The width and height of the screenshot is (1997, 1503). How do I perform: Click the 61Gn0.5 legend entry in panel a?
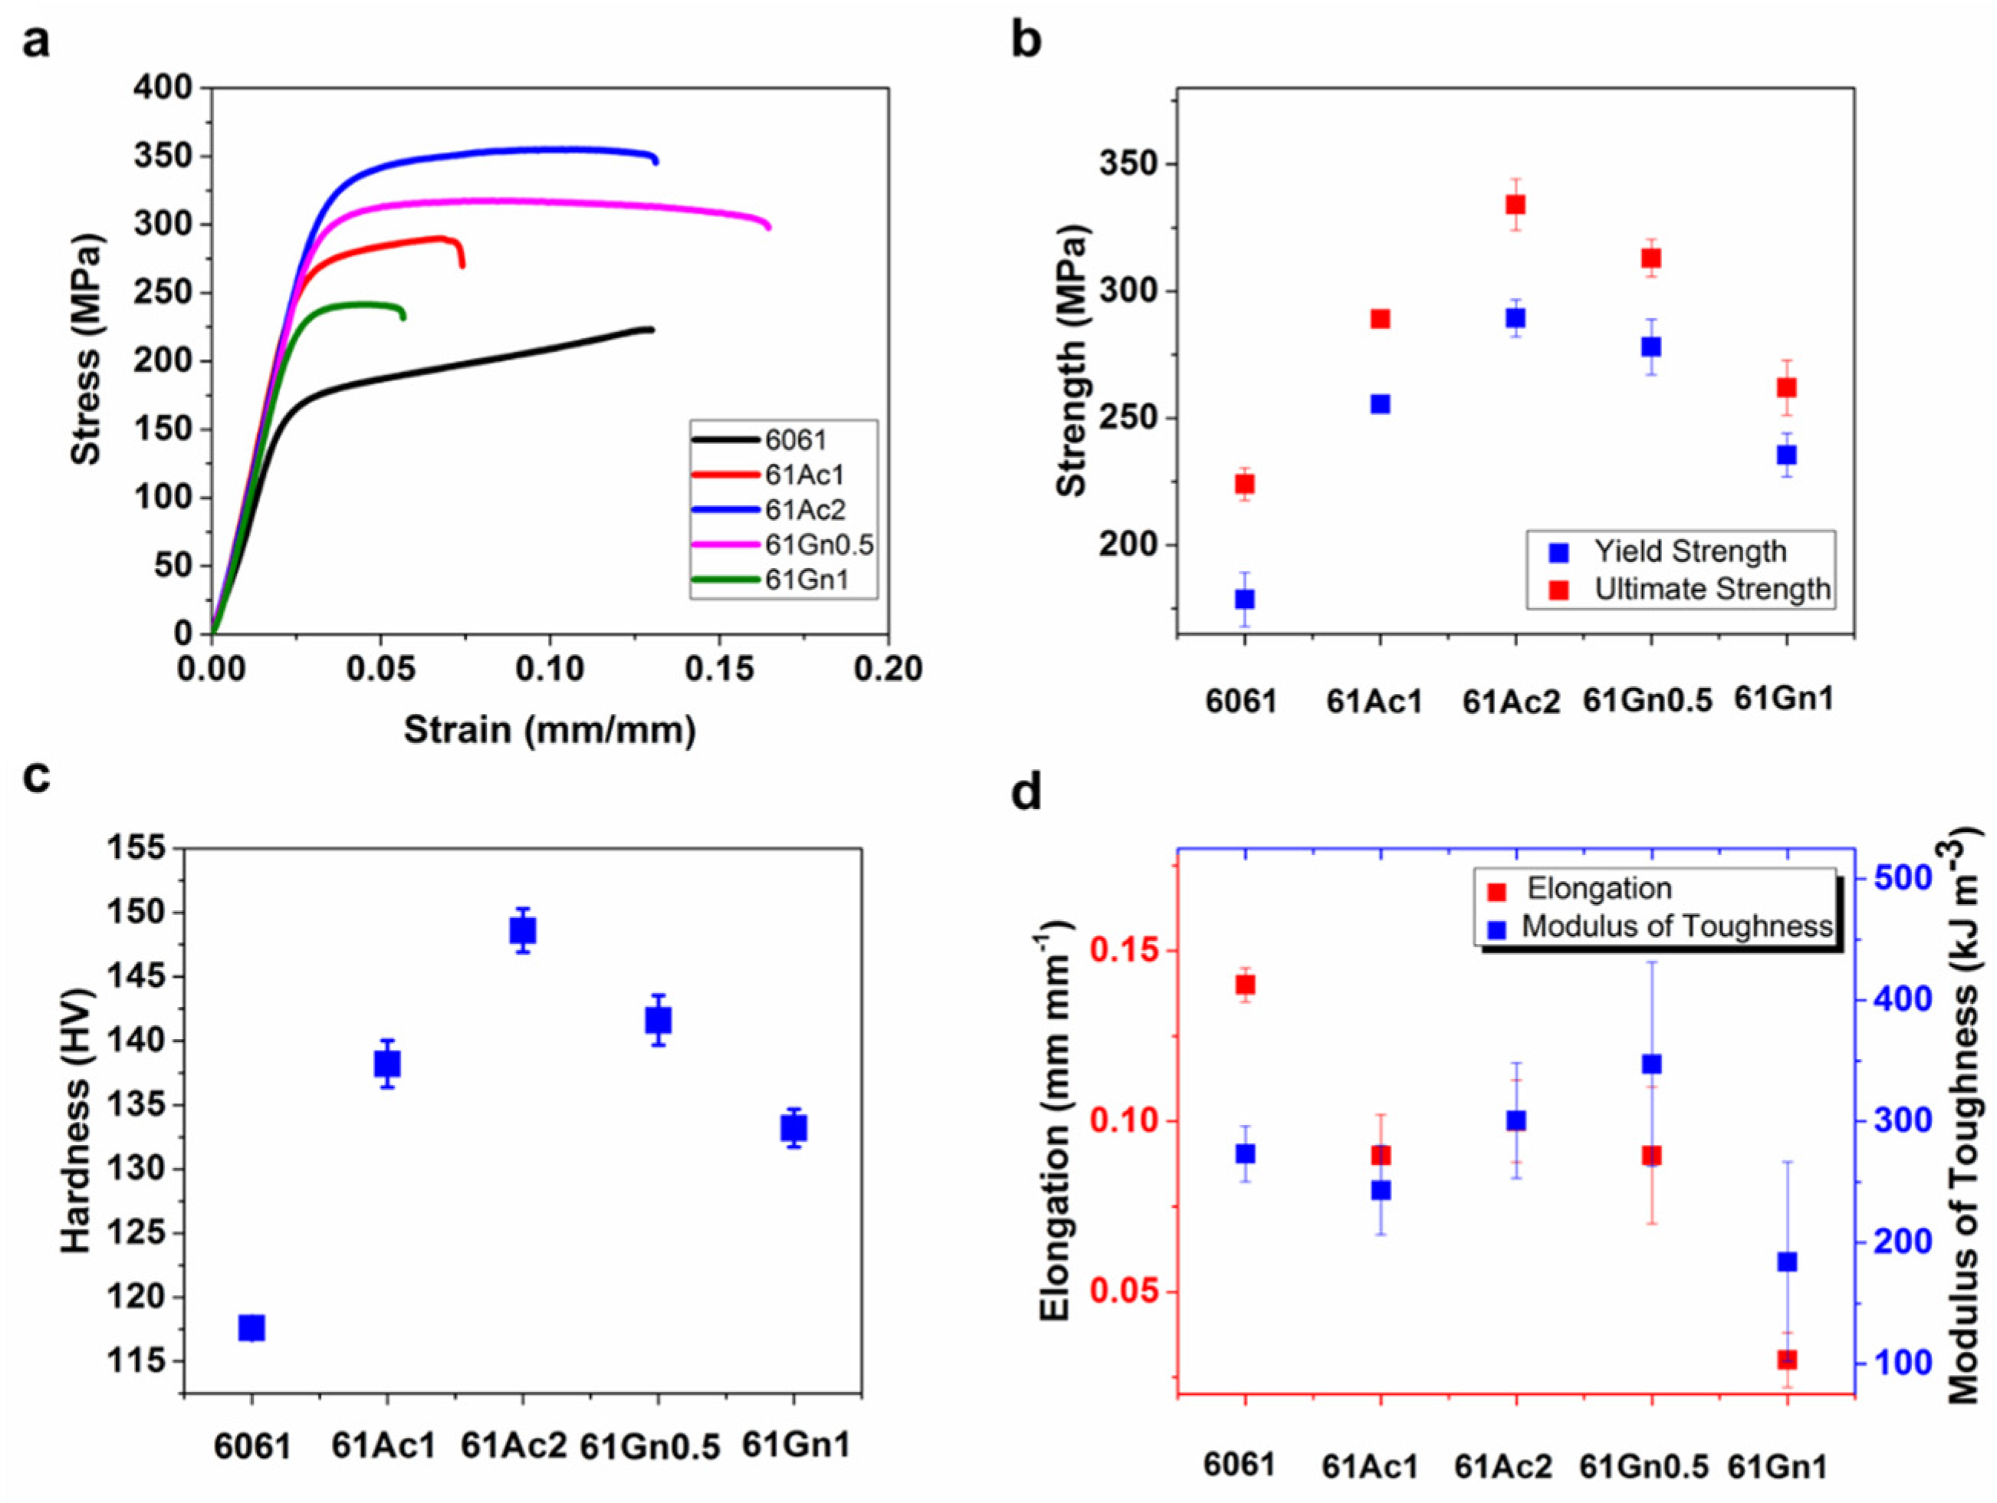[x=817, y=544]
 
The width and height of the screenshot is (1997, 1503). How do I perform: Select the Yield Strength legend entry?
[x=1689, y=551]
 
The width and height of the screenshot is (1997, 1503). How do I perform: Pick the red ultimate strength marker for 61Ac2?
[x=1516, y=204]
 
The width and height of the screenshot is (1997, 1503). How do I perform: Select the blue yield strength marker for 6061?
[x=1245, y=599]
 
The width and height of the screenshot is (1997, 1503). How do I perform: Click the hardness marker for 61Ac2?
[x=523, y=930]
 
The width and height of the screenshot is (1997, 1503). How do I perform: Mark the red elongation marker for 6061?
[x=1246, y=985]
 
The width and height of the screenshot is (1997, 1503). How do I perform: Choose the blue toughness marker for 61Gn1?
[x=1788, y=1262]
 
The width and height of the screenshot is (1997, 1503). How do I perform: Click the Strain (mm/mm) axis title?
[x=550, y=730]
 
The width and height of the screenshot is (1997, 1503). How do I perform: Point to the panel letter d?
[x=1026, y=792]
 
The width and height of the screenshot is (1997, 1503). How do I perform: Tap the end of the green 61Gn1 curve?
[x=402, y=317]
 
